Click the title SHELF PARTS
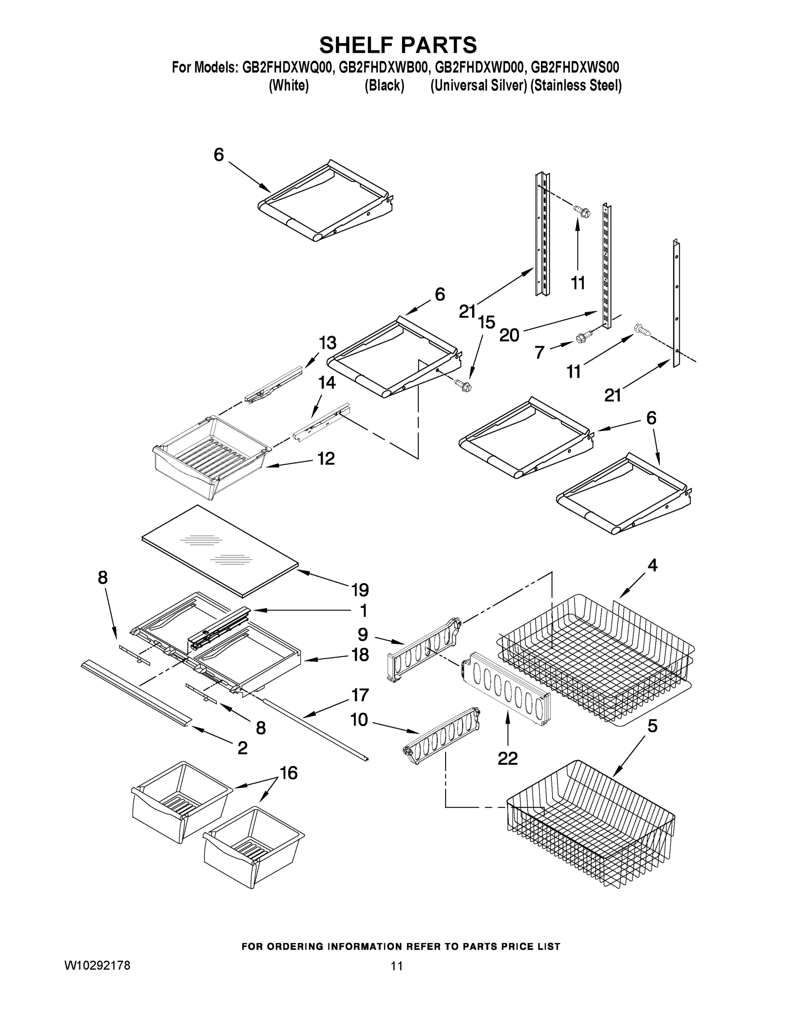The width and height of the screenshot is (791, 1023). tap(398, 46)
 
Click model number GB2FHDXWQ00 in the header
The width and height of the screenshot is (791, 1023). tap(287, 67)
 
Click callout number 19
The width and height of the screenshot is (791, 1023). tap(360, 590)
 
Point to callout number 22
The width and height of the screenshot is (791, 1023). tap(507, 758)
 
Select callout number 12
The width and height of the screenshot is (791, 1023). tap(326, 459)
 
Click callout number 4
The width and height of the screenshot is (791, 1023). tap(652, 565)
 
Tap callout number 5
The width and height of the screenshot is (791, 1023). tap(652, 726)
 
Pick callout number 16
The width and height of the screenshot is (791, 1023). tap(289, 773)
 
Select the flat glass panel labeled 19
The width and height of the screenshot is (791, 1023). tap(220, 550)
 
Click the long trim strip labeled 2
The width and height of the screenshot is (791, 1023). tap(136, 694)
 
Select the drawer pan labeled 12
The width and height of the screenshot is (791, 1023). tap(211, 457)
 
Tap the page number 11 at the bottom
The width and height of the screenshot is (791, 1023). tap(397, 966)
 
